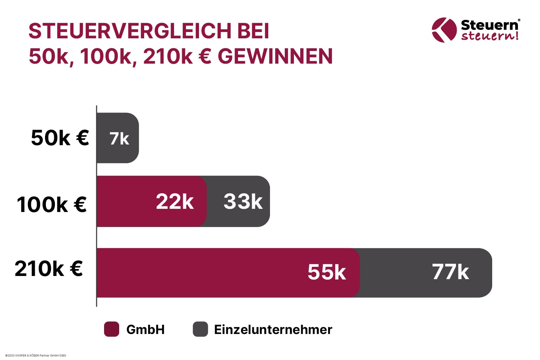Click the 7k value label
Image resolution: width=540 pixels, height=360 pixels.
click(x=119, y=139)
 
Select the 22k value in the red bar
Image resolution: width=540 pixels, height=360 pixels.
click(x=175, y=201)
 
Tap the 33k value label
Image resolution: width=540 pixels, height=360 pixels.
click(x=243, y=201)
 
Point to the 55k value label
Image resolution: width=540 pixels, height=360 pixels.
click(x=327, y=272)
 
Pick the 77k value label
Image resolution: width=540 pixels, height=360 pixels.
click(x=450, y=272)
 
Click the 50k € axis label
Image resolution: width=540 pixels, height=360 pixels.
click(x=60, y=137)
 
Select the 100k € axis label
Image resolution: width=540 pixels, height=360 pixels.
click(x=52, y=204)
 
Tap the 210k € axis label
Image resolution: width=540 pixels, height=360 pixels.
click(x=49, y=269)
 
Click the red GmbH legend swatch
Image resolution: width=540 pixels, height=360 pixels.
click(x=111, y=329)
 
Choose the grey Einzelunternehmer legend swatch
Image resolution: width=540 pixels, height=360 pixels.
click(x=200, y=329)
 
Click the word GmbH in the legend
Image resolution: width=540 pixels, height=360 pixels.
click(x=145, y=329)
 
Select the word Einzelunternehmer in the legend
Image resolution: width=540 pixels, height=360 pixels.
click(x=273, y=329)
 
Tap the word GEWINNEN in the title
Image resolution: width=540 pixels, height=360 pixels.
click(x=275, y=56)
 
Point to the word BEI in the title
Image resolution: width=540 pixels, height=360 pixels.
click(x=253, y=31)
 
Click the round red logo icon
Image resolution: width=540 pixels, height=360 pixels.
click(x=444, y=30)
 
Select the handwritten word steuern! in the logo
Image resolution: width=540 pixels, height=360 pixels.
click(x=490, y=36)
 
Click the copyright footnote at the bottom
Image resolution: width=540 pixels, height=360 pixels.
click(x=36, y=355)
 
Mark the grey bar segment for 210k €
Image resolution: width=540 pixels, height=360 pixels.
click(x=425, y=273)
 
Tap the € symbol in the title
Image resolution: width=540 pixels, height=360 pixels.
click(x=205, y=56)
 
